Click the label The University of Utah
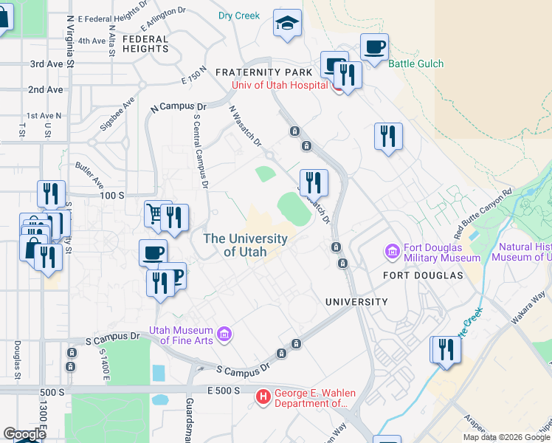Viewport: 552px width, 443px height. [x=245, y=245]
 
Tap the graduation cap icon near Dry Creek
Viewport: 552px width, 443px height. [x=287, y=24]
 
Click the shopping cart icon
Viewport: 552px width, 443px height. [x=155, y=213]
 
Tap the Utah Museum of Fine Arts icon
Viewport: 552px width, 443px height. [x=224, y=335]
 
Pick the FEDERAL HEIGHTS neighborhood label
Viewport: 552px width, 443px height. [x=146, y=44]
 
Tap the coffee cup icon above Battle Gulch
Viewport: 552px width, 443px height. [x=374, y=48]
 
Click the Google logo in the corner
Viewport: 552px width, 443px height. [x=24, y=433]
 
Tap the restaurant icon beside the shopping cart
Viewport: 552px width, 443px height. [x=174, y=218]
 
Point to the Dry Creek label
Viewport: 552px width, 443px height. [x=239, y=16]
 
